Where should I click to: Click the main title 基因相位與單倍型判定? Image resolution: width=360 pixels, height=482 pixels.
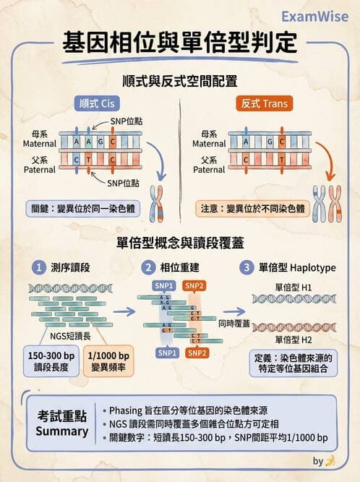pyautogui.click(x=179, y=43)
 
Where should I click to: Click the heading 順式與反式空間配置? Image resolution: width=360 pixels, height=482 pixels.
pyautogui.click(x=180, y=80)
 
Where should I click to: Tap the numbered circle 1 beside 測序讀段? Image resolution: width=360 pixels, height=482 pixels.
pyautogui.click(x=40, y=267)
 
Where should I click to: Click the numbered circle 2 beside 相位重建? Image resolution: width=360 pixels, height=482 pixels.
pyautogui.click(x=148, y=267)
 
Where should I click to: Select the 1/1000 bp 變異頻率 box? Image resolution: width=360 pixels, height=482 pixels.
pyautogui.click(x=109, y=361)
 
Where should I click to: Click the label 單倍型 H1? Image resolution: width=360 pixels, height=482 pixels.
pyautogui.click(x=293, y=286)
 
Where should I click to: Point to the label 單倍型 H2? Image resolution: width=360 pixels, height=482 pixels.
pyautogui.click(x=293, y=339)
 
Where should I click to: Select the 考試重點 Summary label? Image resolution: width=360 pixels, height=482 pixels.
pyautogui.click(x=62, y=423)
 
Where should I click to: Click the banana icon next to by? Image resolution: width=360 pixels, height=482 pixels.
pyautogui.click(x=330, y=460)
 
